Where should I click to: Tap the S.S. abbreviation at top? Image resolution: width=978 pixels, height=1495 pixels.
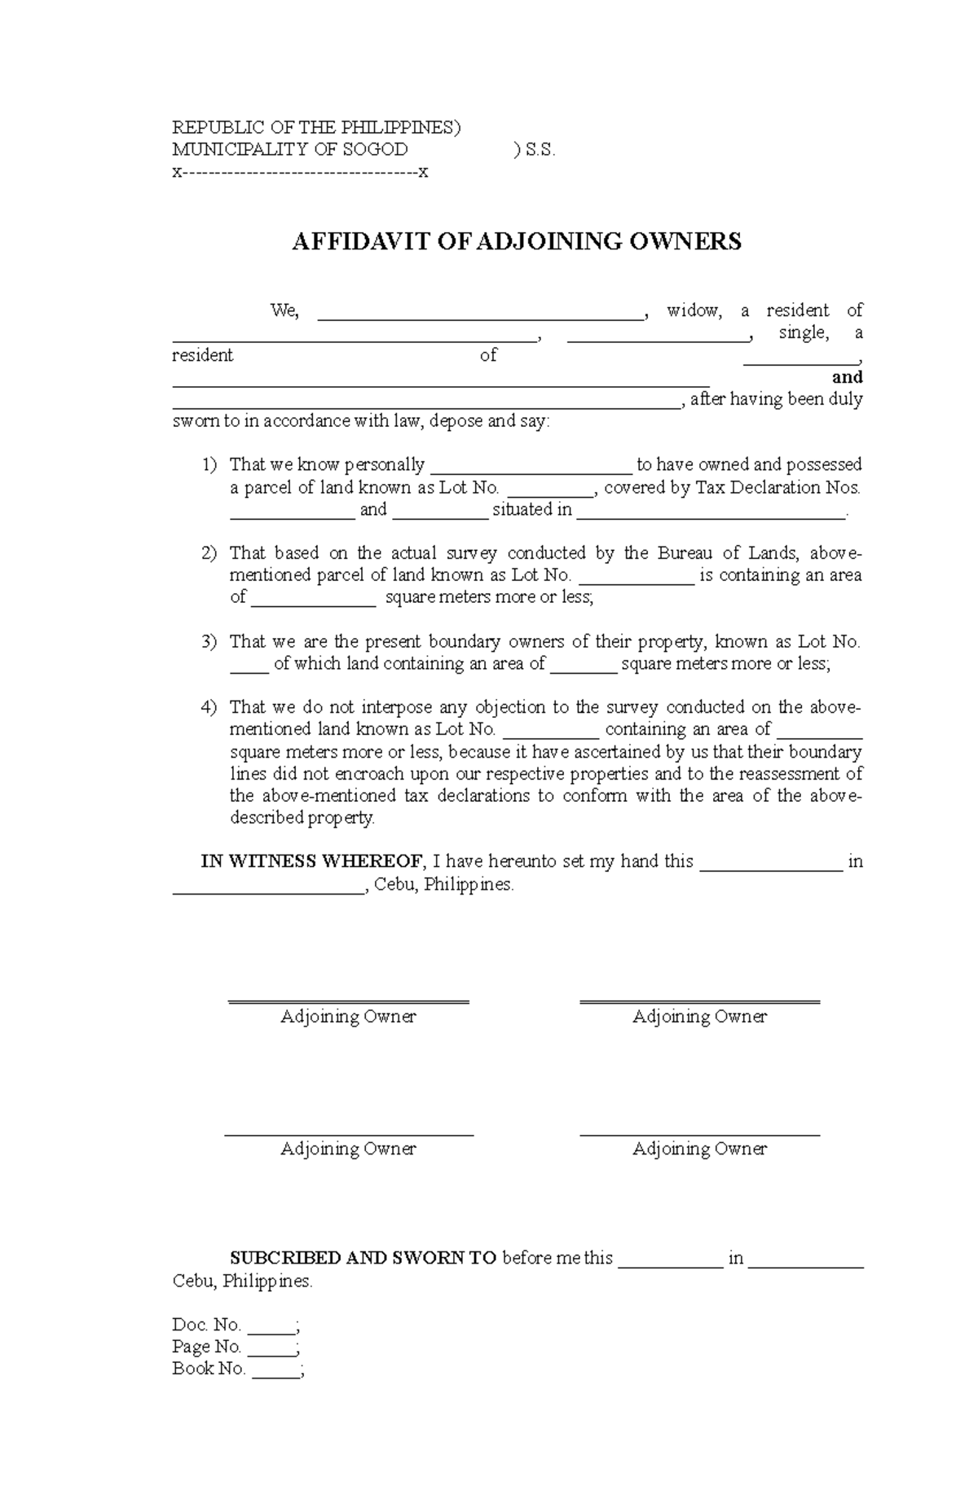pos(540,150)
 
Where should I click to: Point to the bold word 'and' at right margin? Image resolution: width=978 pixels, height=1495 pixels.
pos(847,377)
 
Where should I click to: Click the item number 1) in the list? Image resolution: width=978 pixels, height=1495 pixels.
pos(209,465)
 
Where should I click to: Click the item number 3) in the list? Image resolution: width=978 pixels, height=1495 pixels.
pos(209,642)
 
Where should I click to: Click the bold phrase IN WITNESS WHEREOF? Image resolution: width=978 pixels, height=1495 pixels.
pos(312,862)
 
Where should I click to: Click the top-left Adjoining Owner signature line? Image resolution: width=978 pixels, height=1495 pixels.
pos(348,1000)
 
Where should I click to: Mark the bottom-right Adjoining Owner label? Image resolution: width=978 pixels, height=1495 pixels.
pos(699,1149)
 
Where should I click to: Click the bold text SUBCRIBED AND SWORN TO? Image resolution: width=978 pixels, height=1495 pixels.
pos(363,1258)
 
